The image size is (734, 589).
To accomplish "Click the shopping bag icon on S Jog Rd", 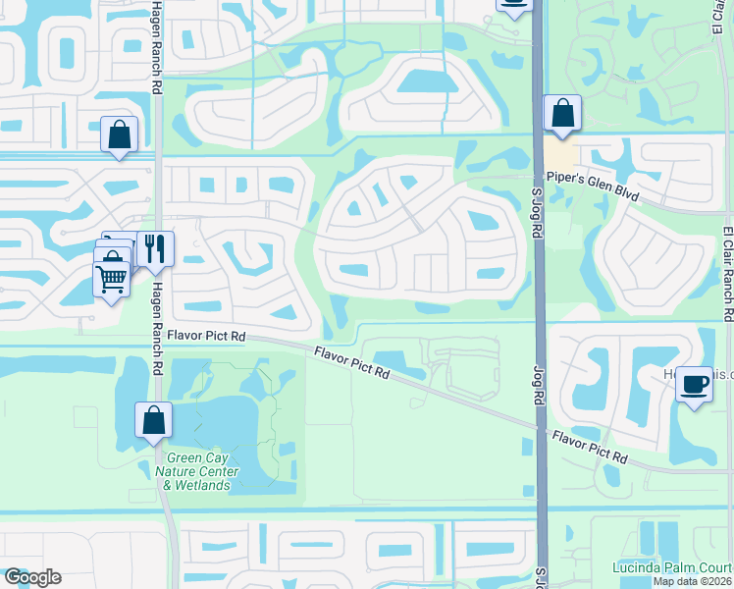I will click(562, 113).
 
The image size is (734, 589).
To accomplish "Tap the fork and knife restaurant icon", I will click(154, 247).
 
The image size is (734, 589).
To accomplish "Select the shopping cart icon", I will click(112, 279).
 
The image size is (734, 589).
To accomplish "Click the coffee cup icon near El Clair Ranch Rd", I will click(694, 383).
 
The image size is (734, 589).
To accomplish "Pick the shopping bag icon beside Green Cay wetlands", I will click(154, 420).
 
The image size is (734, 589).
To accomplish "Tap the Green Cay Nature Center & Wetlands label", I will click(200, 470).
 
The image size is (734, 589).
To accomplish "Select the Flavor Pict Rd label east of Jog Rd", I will click(589, 446).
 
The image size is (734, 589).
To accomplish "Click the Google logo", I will click(32, 577).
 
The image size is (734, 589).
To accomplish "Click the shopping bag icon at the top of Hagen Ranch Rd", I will click(119, 134).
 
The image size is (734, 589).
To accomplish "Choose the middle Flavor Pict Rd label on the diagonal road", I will click(353, 363).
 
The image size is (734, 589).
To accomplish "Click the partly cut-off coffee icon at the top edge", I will click(514, 5).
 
